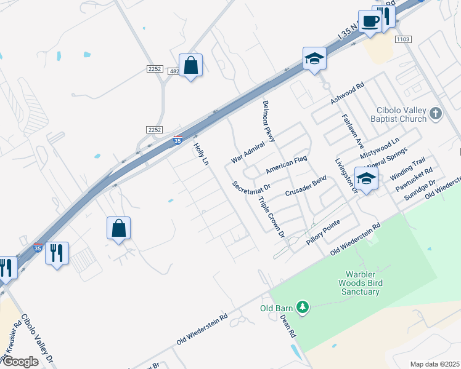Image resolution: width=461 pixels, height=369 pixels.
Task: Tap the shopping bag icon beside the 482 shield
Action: pyautogui.click(x=191, y=65)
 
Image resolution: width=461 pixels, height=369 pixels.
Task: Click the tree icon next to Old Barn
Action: pyautogui.click(x=302, y=306)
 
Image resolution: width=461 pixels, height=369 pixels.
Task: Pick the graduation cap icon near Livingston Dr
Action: pyautogui.click(x=366, y=179)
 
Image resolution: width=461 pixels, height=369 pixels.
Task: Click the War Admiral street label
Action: pyautogui.click(x=248, y=151)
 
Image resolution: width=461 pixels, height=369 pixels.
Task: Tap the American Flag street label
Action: pyautogui.click(x=286, y=164)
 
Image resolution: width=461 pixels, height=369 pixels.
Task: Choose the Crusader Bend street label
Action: pyautogui.click(x=305, y=186)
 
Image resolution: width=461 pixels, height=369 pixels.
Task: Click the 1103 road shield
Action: pyautogui.click(x=403, y=39)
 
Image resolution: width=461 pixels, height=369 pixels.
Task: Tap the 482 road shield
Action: pyautogui.click(x=174, y=71)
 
